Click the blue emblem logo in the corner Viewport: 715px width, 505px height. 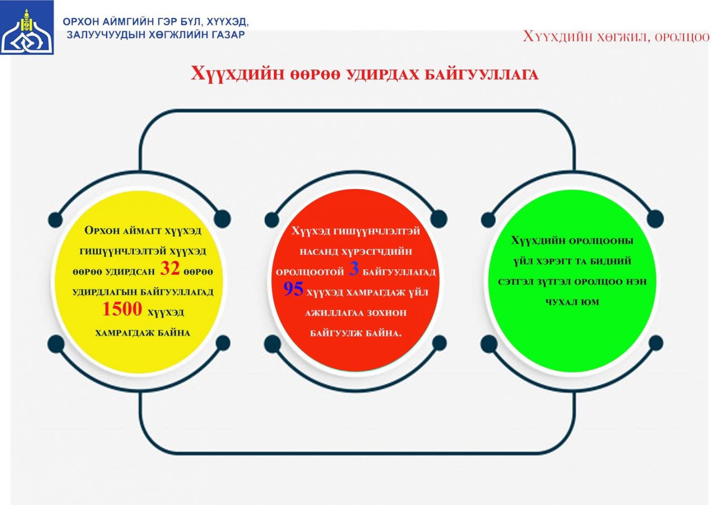point(27,27)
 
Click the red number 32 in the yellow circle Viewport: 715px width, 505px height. point(169,268)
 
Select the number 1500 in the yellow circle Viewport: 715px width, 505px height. point(122,309)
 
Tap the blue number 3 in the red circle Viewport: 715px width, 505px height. point(353,269)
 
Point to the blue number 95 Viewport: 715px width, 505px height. point(293,289)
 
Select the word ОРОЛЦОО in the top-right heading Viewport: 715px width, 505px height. point(682,38)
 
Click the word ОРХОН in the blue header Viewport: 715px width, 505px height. point(80,22)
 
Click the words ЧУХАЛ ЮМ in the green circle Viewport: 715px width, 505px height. point(572,302)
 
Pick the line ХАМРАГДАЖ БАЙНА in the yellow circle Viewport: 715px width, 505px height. point(143,333)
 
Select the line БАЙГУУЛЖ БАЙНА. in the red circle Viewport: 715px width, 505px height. point(356,334)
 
